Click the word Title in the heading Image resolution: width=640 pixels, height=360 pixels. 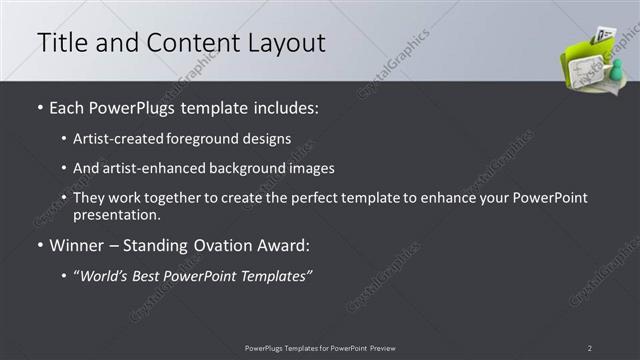click(61, 42)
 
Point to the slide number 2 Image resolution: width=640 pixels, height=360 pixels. click(590, 348)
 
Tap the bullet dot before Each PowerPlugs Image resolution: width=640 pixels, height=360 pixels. click(40, 105)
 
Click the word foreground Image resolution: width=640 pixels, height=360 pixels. click(208, 138)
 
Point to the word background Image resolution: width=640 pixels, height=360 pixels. click(250, 168)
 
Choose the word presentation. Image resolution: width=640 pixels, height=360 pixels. click(117, 215)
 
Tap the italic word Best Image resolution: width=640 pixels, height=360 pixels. click(151, 275)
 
